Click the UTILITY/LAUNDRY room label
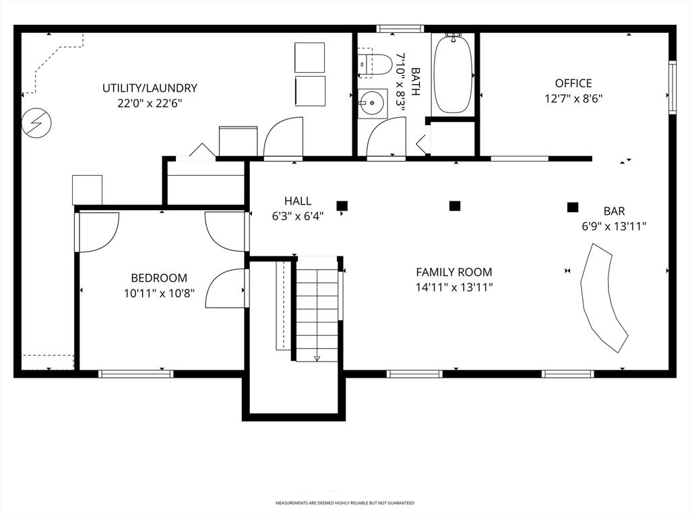pyautogui.click(x=150, y=88)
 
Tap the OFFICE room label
pyautogui.click(x=573, y=83)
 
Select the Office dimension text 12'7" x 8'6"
pyautogui.click(x=573, y=98)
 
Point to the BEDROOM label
pyautogui.click(x=159, y=278)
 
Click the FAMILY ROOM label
pyautogui.click(x=454, y=272)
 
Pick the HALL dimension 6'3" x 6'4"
pyautogui.click(x=298, y=216)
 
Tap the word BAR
pyautogui.click(x=614, y=211)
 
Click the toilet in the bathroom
pyautogui.click(x=374, y=64)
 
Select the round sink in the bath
pyautogui.click(x=372, y=103)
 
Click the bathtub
pyautogui.click(x=453, y=73)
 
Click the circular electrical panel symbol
pyautogui.click(x=36, y=123)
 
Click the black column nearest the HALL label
pyautogui.click(x=342, y=206)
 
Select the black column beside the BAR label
pyautogui.click(x=573, y=207)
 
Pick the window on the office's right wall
pyautogui.click(x=672, y=88)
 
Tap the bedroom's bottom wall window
pyautogui.click(x=136, y=374)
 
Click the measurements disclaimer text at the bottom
pyautogui.click(x=344, y=503)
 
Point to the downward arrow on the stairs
pyautogui.click(x=317, y=358)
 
